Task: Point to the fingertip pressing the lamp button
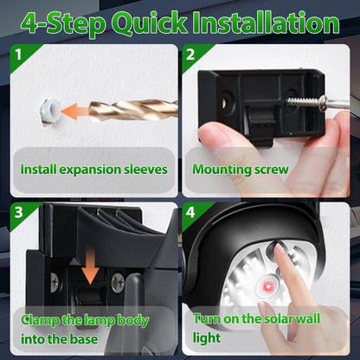point(280,252)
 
